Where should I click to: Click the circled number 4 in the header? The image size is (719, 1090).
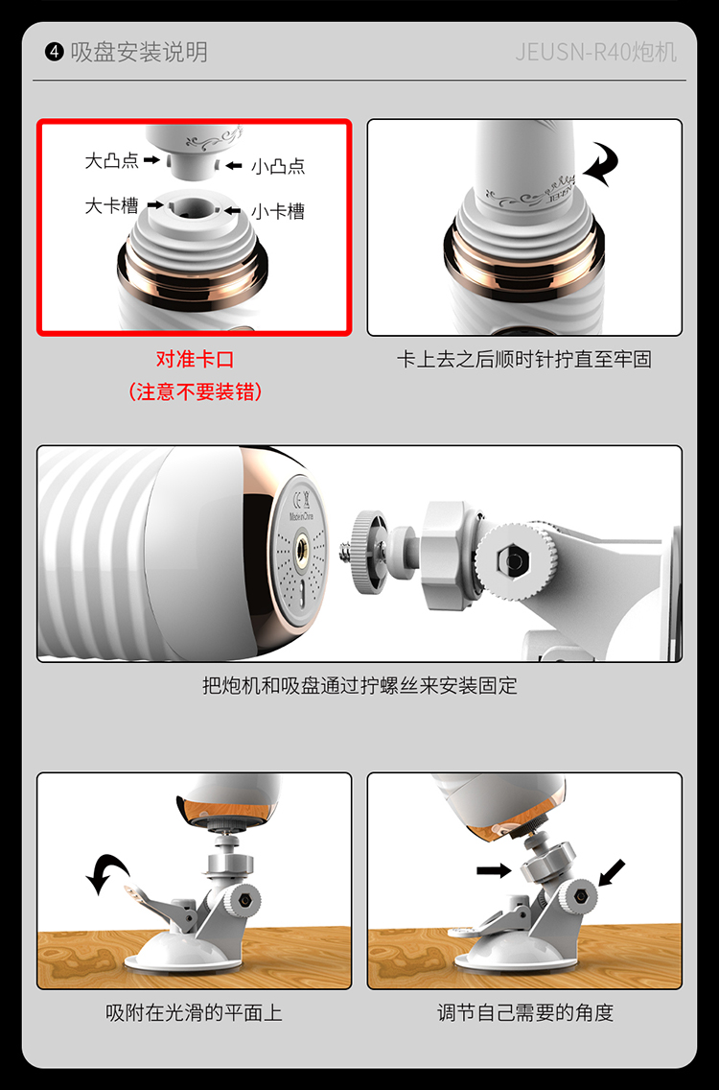(x=55, y=52)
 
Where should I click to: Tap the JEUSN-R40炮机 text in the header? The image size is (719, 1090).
(x=595, y=52)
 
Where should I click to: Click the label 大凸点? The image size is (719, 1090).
(x=111, y=160)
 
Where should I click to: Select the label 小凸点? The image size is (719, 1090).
(x=278, y=166)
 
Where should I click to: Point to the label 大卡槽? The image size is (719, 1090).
(x=111, y=205)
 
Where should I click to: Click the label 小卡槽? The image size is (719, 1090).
(x=278, y=211)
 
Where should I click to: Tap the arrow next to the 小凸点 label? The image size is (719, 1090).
(x=233, y=165)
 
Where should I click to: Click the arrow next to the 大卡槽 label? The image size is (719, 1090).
(x=155, y=205)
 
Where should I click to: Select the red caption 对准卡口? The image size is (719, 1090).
(x=196, y=360)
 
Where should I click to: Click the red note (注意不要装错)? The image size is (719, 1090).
(x=196, y=392)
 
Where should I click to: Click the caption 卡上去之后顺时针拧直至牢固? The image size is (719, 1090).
(x=523, y=360)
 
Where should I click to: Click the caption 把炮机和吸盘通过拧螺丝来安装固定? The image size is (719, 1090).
(x=359, y=685)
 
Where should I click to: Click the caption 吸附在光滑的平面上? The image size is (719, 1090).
(x=194, y=1012)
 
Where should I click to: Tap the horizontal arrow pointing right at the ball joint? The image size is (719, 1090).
(x=494, y=870)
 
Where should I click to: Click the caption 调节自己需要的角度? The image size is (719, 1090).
(x=525, y=1012)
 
